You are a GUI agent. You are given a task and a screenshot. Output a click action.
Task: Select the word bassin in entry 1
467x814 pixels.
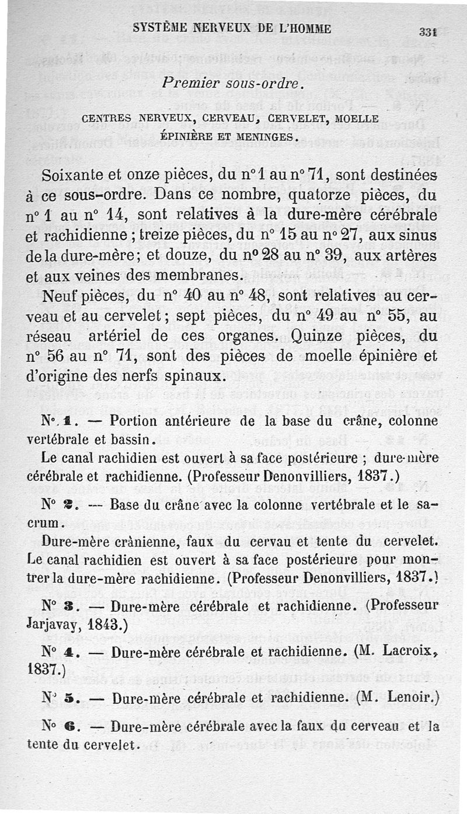click(x=132, y=437)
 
